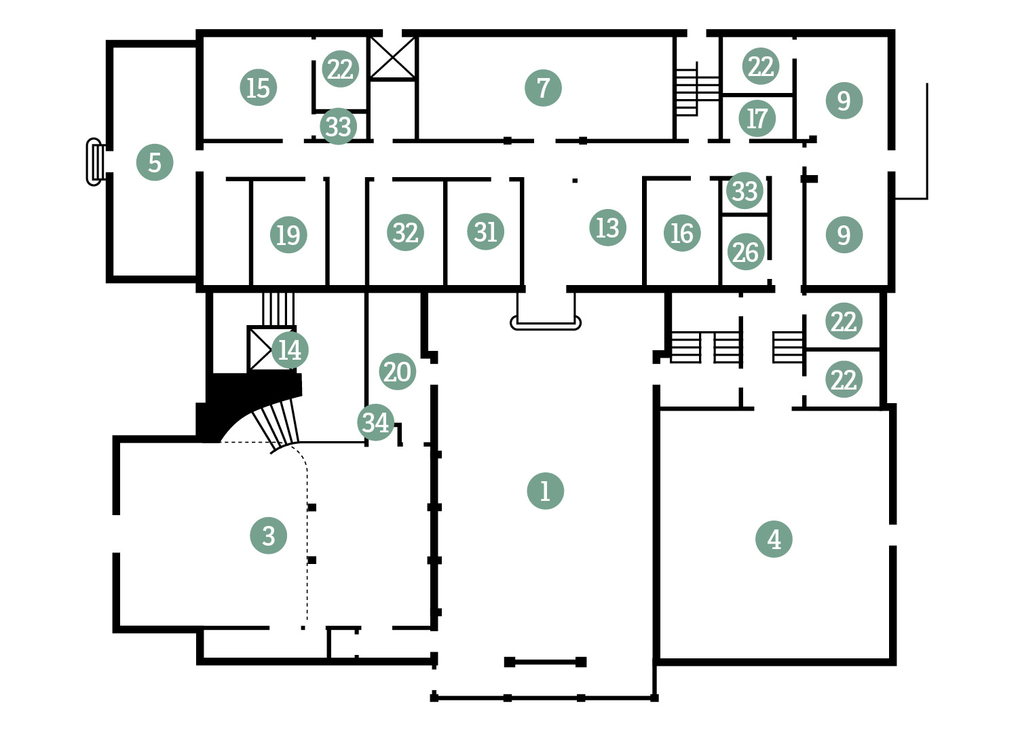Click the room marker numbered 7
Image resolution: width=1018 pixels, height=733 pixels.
543,88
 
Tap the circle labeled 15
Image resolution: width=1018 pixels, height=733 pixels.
258,88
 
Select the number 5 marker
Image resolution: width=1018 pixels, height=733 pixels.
155,162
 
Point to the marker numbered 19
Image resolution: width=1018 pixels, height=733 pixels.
288,234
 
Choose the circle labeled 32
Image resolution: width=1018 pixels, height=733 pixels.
405,233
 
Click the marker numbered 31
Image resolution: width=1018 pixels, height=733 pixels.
485,231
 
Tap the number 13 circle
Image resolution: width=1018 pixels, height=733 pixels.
607,227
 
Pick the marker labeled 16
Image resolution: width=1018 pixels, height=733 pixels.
682,233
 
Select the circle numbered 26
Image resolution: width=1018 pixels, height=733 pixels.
746,252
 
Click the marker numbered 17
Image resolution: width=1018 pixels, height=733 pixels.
757,118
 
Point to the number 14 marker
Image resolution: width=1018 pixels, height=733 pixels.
290,350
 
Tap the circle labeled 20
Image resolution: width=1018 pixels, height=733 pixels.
398,371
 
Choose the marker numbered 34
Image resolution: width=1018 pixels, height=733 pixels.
376,422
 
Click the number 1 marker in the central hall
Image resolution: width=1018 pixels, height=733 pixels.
546,491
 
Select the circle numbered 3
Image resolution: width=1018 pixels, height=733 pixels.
269,535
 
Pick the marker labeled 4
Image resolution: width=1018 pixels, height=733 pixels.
774,539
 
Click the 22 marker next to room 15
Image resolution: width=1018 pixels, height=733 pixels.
341,69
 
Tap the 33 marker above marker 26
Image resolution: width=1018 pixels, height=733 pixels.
744,191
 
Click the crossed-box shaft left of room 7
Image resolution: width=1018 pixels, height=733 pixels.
393,58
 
